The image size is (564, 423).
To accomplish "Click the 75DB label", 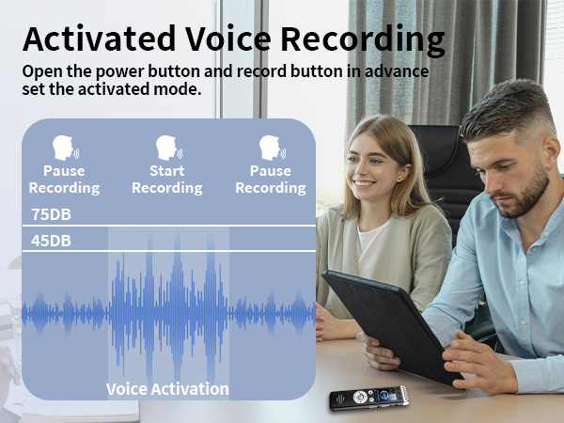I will click(x=51, y=213).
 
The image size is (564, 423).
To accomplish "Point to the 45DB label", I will click(x=51, y=241).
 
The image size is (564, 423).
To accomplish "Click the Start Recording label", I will click(x=166, y=180).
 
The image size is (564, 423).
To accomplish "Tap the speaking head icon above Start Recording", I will click(x=167, y=148).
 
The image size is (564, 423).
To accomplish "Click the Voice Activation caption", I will click(x=167, y=388).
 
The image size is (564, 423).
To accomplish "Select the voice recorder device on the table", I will click(x=366, y=399).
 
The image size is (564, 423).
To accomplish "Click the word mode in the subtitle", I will click(x=178, y=90).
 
